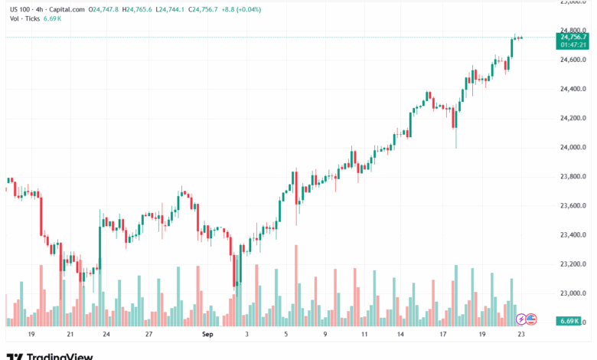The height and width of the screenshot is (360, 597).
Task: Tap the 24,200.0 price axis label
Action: pos(573,118)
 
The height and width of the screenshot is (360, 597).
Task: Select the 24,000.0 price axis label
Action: pos(573,147)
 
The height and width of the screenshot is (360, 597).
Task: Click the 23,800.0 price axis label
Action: pos(573,176)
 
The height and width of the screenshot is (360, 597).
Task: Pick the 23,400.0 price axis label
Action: pos(573,234)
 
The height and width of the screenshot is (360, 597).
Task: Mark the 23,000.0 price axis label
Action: pos(573,293)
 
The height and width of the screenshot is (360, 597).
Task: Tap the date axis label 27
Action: pos(150,334)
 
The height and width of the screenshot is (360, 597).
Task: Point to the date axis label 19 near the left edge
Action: pos(31,334)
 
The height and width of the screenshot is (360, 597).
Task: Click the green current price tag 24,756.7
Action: pos(573,37)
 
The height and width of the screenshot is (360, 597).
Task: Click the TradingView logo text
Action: pos(60,356)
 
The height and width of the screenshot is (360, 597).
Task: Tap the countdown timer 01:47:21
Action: pos(573,44)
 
